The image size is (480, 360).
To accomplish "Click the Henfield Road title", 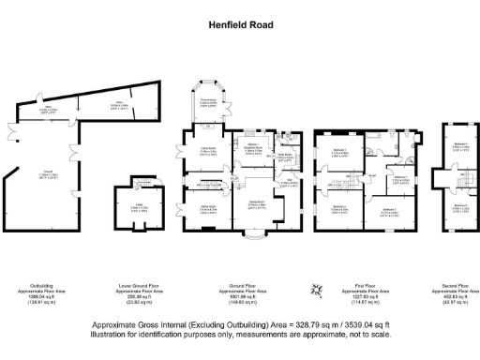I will (240, 25).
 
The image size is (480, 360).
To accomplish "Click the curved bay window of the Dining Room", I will (254, 238).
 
